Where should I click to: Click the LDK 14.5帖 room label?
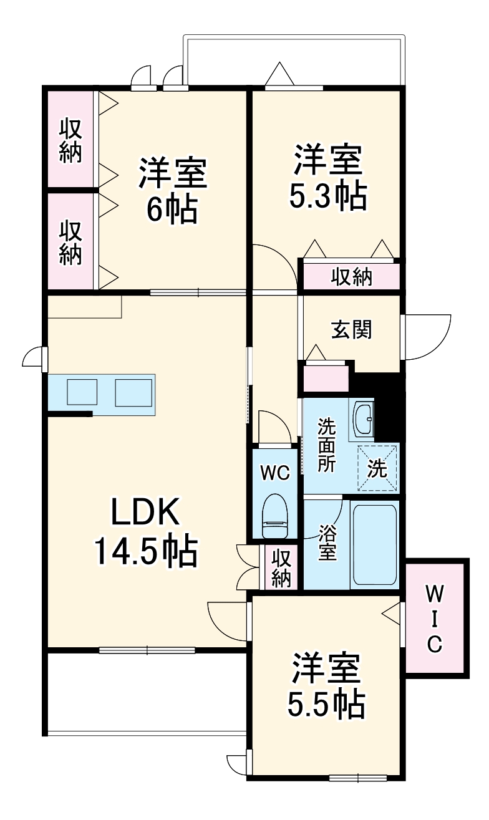click(x=146, y=531)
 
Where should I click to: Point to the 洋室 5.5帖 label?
click(x=326, y=687)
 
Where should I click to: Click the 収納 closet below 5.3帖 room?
click(x=351, y=276)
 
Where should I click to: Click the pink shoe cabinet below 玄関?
click(x=326, y=379)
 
